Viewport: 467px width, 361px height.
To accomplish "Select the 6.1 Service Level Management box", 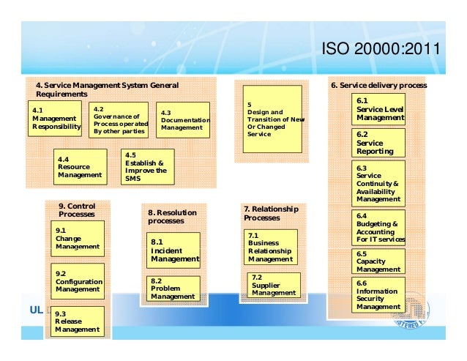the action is coord(378,109).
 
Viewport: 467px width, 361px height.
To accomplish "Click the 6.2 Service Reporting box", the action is coord(378,143).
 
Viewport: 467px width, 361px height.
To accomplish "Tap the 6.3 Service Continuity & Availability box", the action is coord(378,183).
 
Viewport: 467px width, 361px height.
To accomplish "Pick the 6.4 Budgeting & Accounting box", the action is coord(378,228).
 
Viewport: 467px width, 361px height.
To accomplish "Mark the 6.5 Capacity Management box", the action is coord(378,261).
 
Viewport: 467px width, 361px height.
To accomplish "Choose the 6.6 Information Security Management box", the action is coord(378,295).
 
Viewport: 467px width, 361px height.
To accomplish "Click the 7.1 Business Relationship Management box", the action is coord(271,247).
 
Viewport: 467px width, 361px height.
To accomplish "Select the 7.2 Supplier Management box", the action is coord(273,286).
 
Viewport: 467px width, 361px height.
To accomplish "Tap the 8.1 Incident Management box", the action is coord(173,250).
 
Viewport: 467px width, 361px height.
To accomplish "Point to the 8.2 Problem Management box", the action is coord(173,289).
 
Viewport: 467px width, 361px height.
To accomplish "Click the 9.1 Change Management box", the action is coord(78,239).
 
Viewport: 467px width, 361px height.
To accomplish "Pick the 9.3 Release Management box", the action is coord(78,321).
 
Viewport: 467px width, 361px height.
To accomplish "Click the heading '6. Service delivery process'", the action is coord(378,86).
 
